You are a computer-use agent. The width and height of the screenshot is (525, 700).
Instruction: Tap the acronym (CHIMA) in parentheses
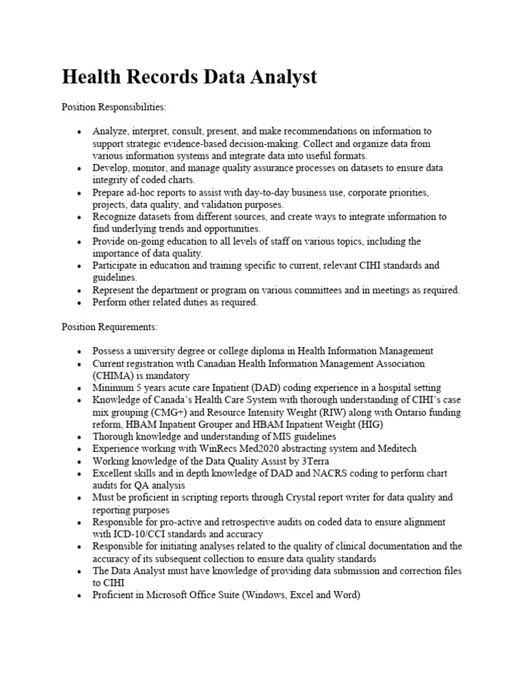[x=116, y=376]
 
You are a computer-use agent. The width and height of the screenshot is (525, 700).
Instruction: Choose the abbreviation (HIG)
[x=368, y=425]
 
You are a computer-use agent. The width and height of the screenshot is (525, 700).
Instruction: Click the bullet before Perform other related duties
[x=79, y=303]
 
